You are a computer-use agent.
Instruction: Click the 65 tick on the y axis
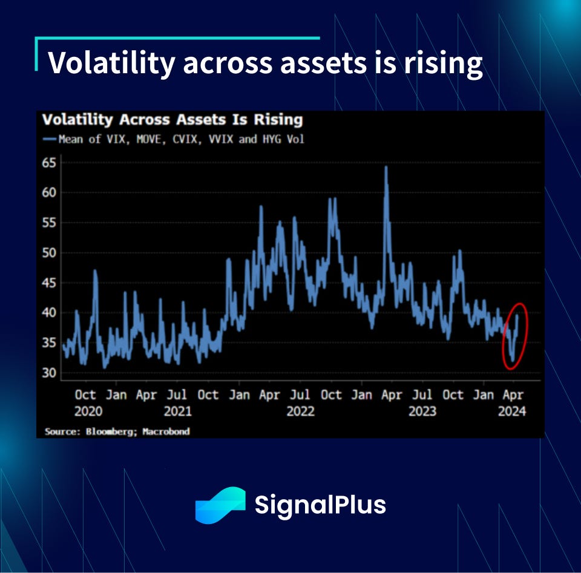50,163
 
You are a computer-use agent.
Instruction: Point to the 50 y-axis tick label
50,252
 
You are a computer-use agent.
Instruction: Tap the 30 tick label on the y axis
50,373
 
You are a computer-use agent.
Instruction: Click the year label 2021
177,411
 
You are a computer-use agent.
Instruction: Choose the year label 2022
300,411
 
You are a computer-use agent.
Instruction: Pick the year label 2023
422,411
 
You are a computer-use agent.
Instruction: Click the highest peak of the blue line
386,168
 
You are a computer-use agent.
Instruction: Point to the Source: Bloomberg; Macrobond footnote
117,431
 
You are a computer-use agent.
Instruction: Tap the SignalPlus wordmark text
320,505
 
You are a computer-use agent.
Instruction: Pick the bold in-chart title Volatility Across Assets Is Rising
172,120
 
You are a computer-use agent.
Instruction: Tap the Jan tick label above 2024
483,395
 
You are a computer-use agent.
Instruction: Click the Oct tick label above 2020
85,395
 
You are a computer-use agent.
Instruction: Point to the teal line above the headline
177,38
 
